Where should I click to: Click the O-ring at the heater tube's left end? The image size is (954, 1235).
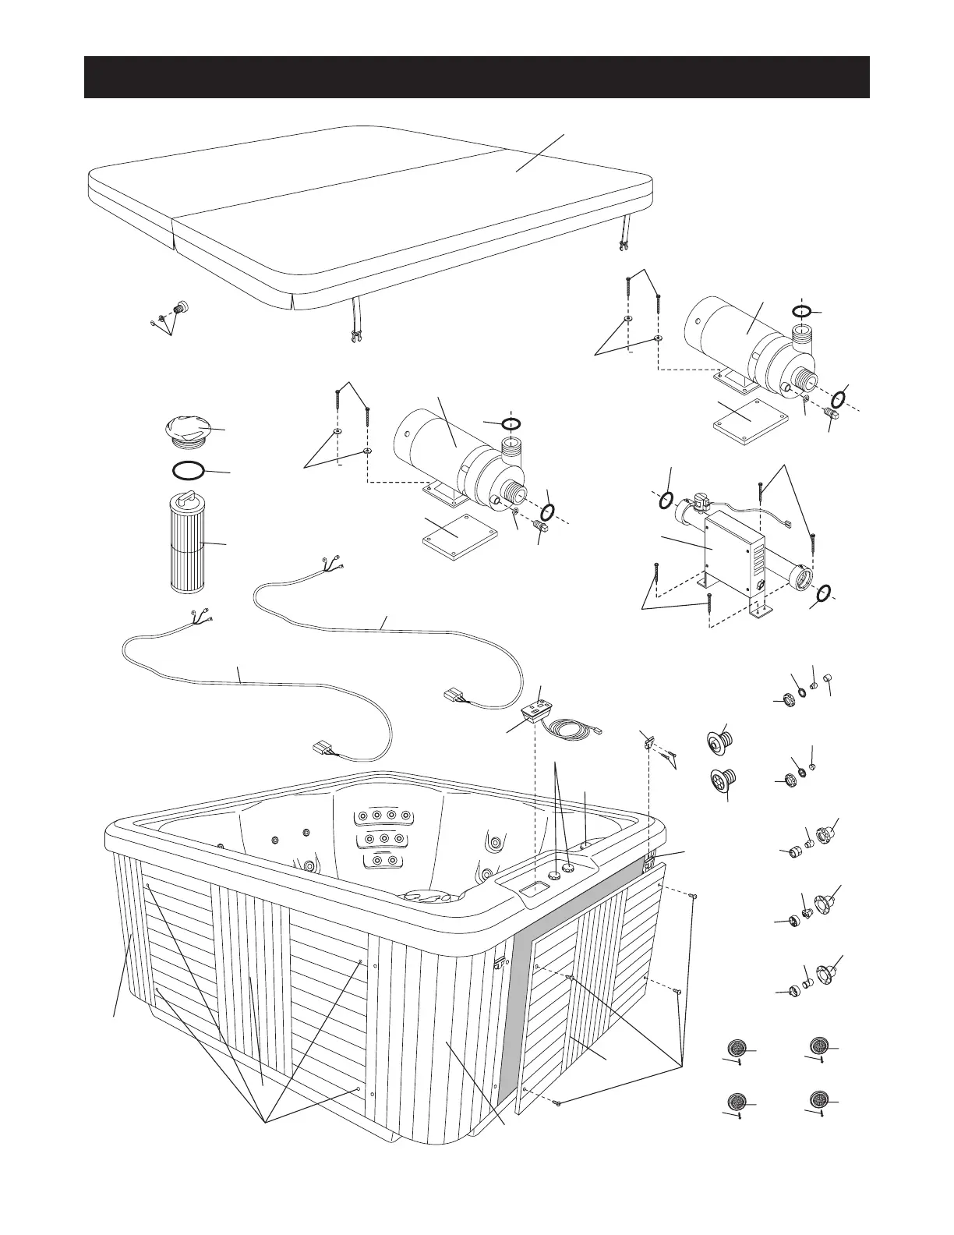coord(665,500)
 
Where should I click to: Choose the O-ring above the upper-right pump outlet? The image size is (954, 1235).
coord(802,311)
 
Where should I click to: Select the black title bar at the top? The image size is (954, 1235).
coord(476,77)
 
